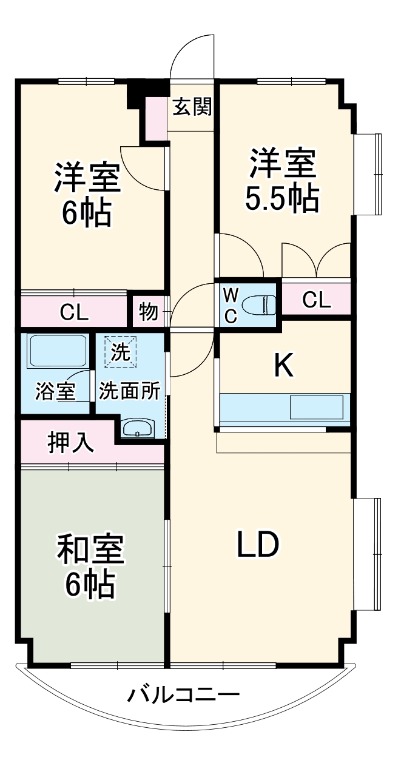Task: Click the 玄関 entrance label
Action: point(192,107)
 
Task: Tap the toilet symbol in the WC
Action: point(260,305)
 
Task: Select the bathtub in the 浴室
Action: point(57,351)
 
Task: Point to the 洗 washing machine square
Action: point(120,352)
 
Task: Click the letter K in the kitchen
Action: point(284,365)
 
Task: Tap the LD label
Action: point(258,544)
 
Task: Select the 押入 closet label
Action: point(70,443)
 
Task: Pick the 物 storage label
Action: point(149,311)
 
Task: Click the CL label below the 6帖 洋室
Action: point(74,312)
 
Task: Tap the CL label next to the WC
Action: point(317,300)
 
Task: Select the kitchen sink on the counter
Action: point(316,407)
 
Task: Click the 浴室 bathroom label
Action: point(55,391)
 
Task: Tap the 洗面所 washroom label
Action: point(129,391)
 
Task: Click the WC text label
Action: point(231,305)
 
